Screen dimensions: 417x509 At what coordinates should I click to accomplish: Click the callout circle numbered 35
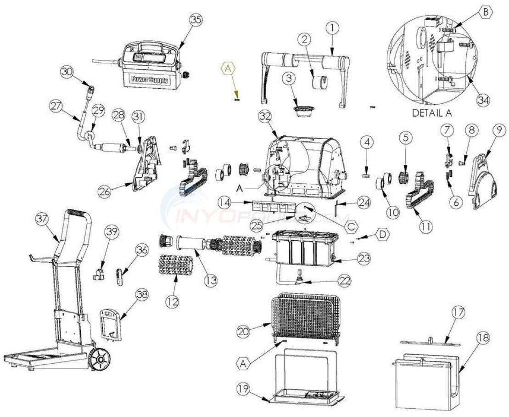196,20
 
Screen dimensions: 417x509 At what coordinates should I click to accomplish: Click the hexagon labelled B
485,13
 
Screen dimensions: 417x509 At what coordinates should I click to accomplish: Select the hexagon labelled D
382,234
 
